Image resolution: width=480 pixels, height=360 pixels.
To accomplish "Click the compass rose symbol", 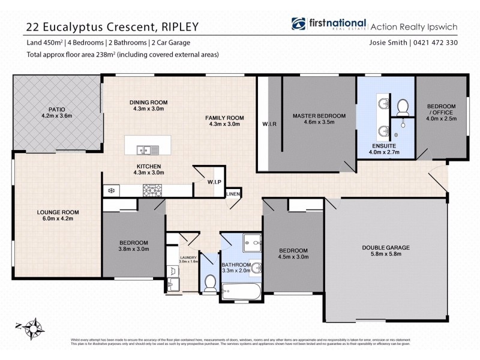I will coord(33,328).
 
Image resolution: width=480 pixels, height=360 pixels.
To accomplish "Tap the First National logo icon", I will coord(298,25).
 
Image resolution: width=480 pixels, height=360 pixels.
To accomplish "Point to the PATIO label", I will coord(56,109).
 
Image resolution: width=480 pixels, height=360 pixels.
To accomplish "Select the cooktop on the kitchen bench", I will coord(152,190).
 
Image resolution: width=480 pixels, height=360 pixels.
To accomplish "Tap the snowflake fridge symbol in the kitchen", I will coord(111,191).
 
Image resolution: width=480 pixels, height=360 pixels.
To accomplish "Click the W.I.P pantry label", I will coord(214,182).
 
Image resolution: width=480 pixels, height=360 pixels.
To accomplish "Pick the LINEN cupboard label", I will coord(233,194).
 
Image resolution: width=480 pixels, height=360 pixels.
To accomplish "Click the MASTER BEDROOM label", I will coord(319,115).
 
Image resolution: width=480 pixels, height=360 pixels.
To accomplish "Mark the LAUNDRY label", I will coord(188,257).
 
